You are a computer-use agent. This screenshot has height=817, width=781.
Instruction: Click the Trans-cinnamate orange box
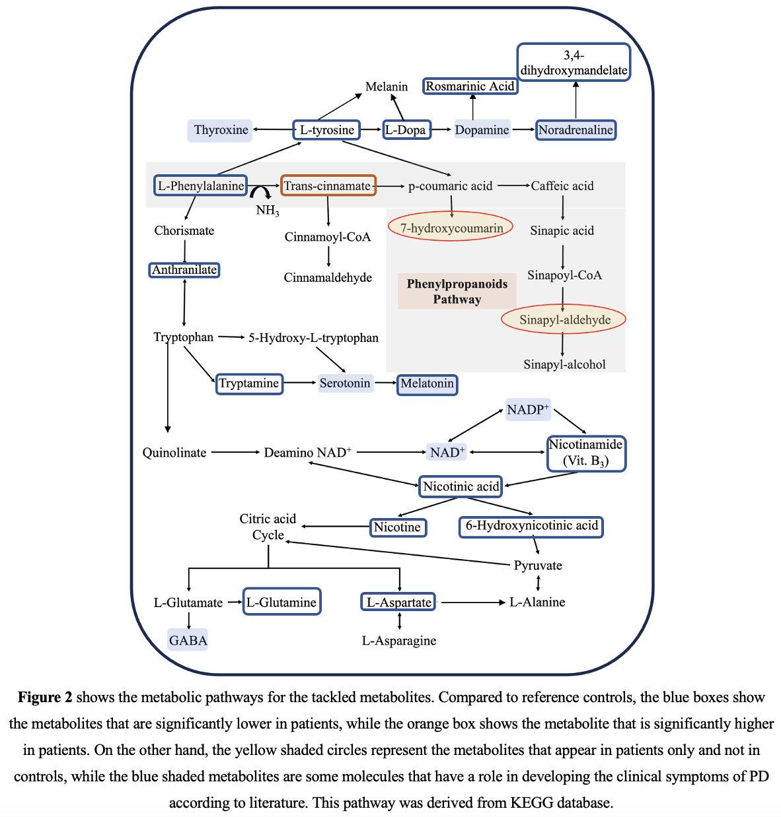pyautogui.click(x=328, y=185)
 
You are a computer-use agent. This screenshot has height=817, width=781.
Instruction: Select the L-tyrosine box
pyautogui.click(x=326, y=129)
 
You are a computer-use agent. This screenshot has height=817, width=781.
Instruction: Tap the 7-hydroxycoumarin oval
pyautogui.click(x=451, y=228)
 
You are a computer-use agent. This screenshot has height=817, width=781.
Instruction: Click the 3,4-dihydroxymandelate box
pyautogui.click(x=574, y=63)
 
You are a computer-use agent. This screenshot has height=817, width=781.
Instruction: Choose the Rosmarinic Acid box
pyautogui.click(x=470, y=86)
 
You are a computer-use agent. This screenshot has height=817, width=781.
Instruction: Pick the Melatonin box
pyautogui.click(x=427, y=383)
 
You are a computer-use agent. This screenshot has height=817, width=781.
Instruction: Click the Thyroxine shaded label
pyautogui.click(x=221, y=129)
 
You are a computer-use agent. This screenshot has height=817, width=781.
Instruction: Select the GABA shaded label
pyautogui.click(x=188, y=639)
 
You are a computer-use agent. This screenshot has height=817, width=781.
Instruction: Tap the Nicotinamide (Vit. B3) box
pyautogui.click(x=586, y=453)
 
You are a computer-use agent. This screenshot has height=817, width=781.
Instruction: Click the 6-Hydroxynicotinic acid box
pyautogui.click(x=531, y=526)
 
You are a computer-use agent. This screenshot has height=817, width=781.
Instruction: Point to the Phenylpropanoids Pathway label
pyautogui.click(x=457, y=291)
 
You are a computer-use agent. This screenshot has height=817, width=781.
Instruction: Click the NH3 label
pyautogui.click(x=268, y=211)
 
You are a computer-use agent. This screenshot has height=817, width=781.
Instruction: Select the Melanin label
pyautogui.click(x=387, y=86)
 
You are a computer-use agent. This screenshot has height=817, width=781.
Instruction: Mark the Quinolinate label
pyautogui.click(x=174, y=453)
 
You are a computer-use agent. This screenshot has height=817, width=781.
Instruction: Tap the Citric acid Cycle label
pyautogui.click(x=268, y=527)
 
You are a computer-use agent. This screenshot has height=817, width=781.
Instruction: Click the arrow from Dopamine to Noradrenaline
pyautogui.click(x=523, y=129)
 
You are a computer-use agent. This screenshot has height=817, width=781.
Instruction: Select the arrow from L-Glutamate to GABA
pyautogui.click(x=189, y=620)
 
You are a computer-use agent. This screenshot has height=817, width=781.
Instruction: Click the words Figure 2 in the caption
pyautogui.click(x=45, y=698)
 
